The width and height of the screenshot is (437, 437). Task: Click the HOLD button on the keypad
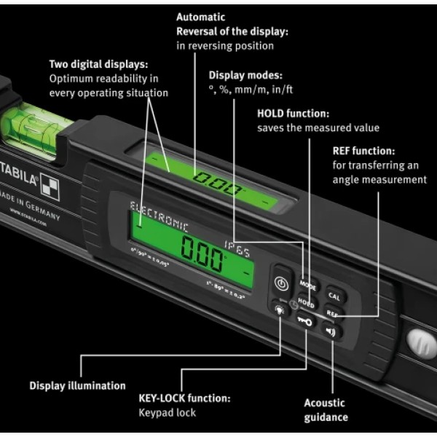tap(306, 305)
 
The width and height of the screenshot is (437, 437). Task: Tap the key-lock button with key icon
tap(306, 321)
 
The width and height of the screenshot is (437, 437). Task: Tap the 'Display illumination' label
tap(77, 386)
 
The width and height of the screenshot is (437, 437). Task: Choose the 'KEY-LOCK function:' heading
tap(184, 398)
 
